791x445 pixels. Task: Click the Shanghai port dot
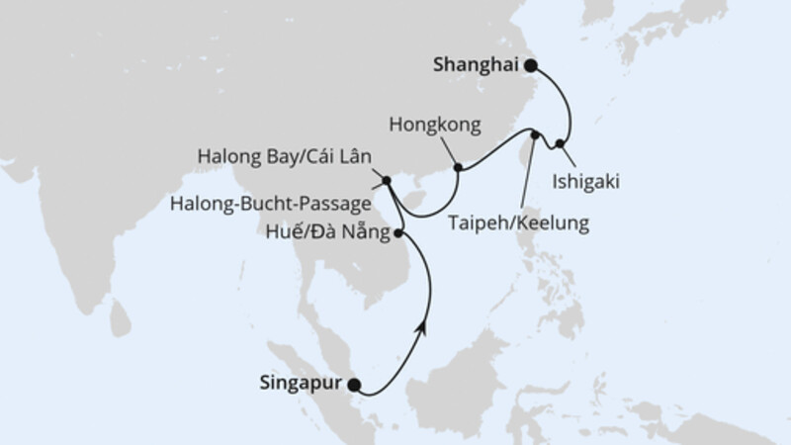[531, 66]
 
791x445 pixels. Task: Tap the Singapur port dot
[355, 387]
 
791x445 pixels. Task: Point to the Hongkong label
[435, 126]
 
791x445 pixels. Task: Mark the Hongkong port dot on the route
[458, 168]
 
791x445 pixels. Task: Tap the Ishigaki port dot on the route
[561, 144]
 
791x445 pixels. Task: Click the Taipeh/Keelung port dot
[535, 134]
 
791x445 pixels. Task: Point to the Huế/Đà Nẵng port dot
[398, 233]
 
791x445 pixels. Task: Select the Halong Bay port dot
[387, 180]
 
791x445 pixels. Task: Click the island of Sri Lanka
[120, 318]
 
